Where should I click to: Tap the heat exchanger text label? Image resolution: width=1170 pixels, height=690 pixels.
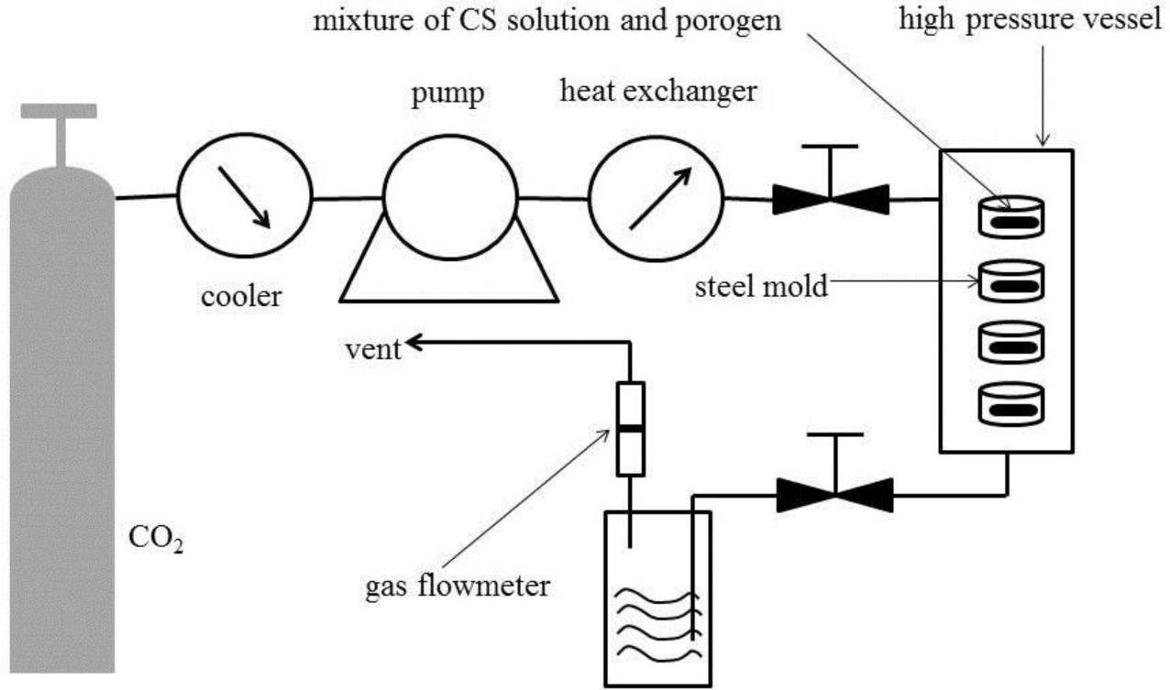click(x=657, y=92)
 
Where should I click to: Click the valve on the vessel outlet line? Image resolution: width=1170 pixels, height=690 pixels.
click(x=834, y=495)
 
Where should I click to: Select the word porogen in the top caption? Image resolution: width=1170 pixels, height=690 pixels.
click(x=731, y=21)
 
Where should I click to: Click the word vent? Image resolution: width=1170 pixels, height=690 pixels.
click(x=373, y=350)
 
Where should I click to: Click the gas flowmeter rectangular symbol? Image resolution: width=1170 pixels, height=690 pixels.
click(x=630, y=429)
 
